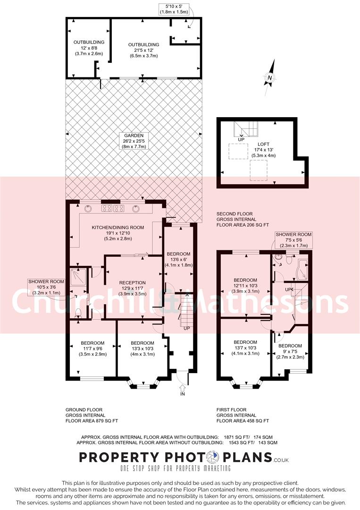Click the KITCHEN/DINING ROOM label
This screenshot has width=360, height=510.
click(118, 233)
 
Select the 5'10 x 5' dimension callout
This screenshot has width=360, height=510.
click(174, 8)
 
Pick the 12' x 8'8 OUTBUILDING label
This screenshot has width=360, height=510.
click(89, 48)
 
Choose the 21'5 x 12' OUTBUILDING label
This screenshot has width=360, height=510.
click(143, 50)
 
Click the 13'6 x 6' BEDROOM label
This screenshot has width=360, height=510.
click(178, 259)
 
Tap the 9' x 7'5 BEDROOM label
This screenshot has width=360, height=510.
click(290, 351)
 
